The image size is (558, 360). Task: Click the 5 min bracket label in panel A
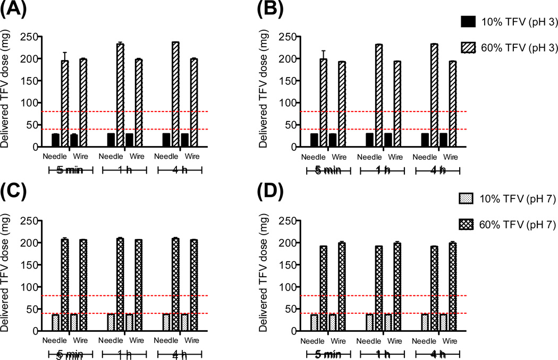tap(71, 169)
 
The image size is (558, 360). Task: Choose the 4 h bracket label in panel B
tap(437, 169)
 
